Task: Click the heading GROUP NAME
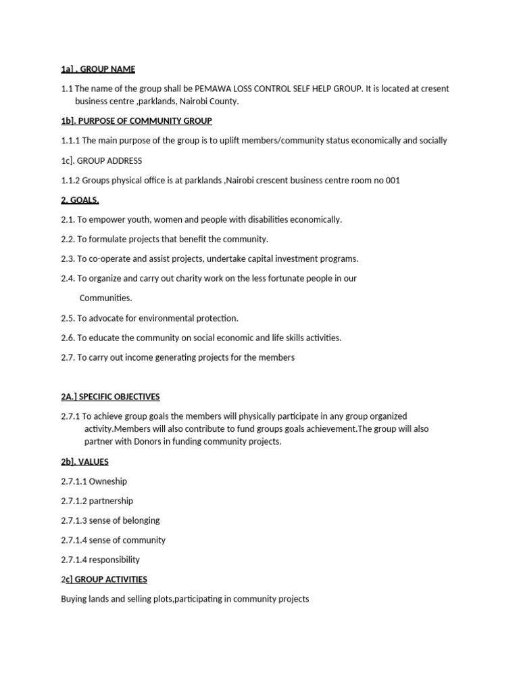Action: [x=107, y=69]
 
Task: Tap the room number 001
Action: [x=393, y=180]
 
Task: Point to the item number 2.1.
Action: [x=67, y=219]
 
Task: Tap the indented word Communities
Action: [x=106, y=298]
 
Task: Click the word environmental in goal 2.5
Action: [x=166, y=318]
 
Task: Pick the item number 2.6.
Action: [x=67, y=338]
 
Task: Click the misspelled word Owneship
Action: [x=108, y=481]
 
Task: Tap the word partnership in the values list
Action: [x=112, y=501]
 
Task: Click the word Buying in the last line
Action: [x=74, y=599]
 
